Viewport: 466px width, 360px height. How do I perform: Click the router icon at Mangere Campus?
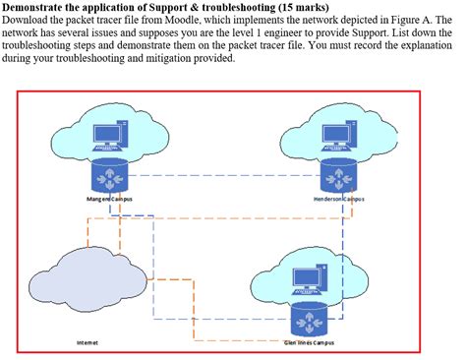pos(110,176)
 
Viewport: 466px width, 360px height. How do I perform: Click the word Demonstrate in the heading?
pos(37,8)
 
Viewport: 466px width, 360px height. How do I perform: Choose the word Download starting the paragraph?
pos(26,20)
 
